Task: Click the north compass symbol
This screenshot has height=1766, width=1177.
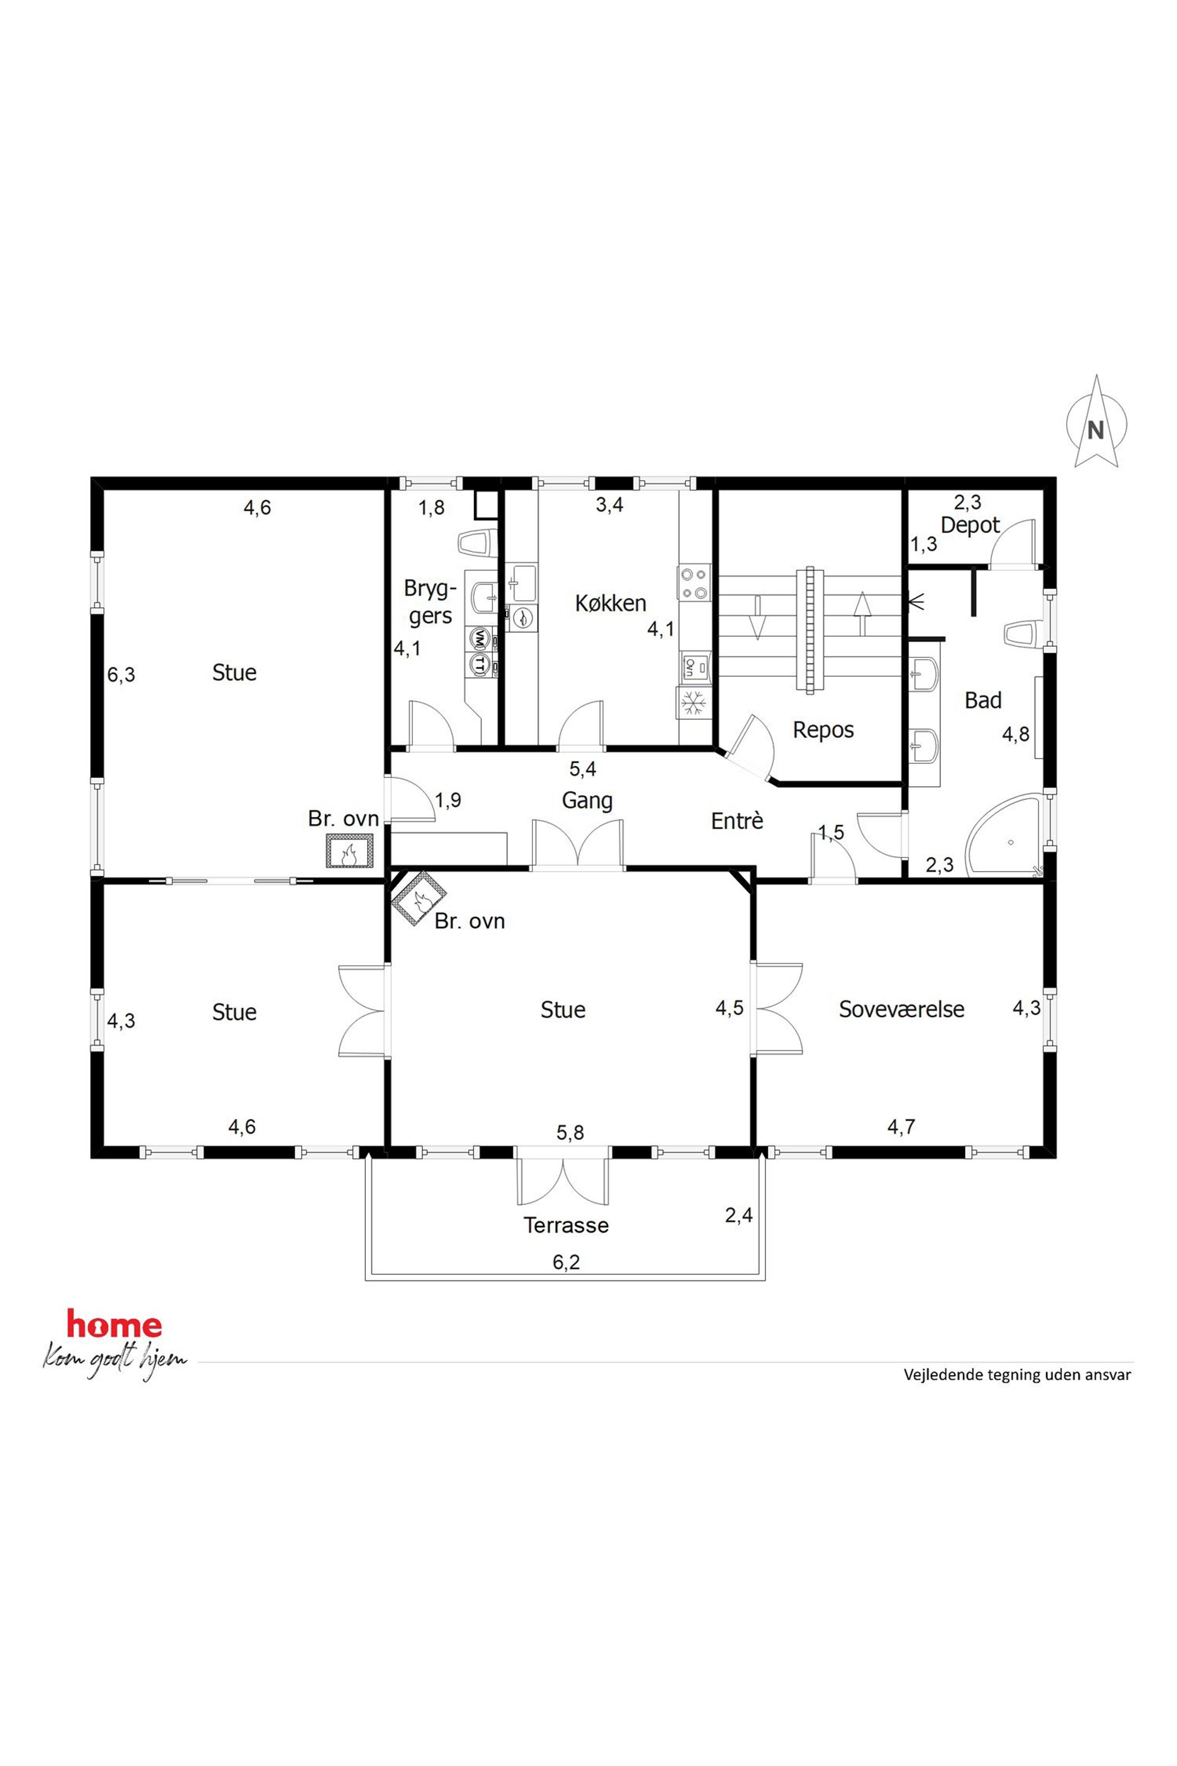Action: point(1097,424)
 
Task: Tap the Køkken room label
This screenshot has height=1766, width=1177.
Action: point(610,603)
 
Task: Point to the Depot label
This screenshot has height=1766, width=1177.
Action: point(970,526)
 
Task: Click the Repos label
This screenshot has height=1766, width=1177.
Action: point(823,730)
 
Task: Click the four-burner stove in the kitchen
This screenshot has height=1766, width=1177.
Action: point(694,583)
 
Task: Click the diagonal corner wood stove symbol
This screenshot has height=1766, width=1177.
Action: point(419,898)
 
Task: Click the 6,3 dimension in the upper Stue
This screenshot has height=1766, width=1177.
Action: point(121,675)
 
